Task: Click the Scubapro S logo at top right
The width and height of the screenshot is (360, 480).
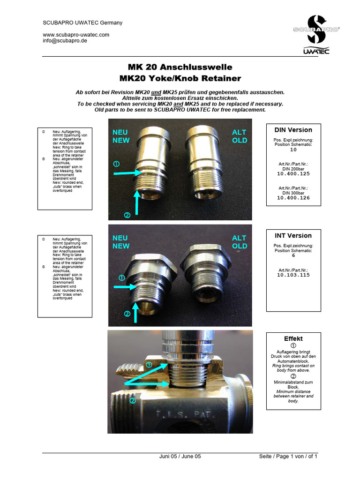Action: pos(316,29)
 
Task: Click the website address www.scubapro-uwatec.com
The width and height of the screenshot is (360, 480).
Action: pos(76,35)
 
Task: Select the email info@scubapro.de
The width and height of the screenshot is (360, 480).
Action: pos(65,41)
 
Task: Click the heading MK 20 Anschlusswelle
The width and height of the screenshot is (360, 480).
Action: pos(180,67)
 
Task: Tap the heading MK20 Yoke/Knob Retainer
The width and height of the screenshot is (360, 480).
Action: pos(180,78)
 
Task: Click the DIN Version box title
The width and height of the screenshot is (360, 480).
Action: pos(293,130)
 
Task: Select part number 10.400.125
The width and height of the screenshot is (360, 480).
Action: pos(293,174)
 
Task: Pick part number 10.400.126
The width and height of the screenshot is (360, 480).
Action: pos(293,198)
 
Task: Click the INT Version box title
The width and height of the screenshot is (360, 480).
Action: pos(293,236)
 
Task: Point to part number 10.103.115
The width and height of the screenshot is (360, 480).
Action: pos(293,275)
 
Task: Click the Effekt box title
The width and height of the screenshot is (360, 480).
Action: pos(293,338)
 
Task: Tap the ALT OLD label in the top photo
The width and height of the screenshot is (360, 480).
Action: pos(239,136)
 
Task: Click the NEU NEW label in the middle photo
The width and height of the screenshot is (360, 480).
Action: pos(120,242)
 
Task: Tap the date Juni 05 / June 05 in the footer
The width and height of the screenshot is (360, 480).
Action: pos(180,457)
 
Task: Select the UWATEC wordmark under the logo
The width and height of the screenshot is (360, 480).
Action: pos(316,51)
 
